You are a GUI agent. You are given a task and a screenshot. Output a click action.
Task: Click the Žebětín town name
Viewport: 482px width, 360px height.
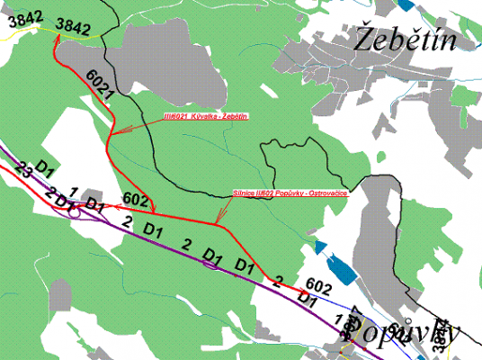407,40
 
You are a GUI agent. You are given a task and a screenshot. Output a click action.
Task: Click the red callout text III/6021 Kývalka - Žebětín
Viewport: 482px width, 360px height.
206,118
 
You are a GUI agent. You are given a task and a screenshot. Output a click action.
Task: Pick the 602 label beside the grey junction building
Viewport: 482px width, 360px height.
134,198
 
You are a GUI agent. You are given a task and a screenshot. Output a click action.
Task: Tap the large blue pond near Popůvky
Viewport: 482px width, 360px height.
343,268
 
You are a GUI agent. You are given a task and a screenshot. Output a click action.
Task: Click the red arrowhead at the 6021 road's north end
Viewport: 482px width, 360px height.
58,42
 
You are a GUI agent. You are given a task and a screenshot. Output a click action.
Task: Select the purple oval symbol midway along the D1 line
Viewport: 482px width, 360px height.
210,264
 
